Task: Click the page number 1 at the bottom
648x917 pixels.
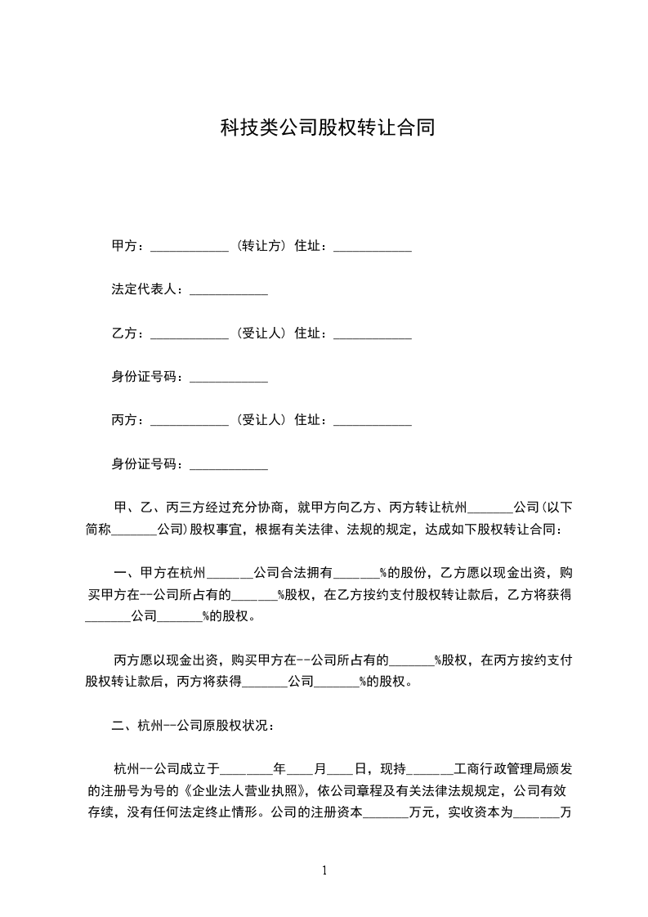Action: pyautogui.click(x=325, y=870)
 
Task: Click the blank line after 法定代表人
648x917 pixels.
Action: pyautogui.click(x=229, y=291)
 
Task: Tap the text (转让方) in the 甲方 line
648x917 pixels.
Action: pyautogui.click(x=261, y=246)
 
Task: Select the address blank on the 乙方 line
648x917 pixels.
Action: pyautogui.click(x=373, y=335)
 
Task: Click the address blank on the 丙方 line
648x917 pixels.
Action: pyautogui.click(x=373, y=422)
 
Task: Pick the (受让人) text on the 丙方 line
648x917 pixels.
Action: pyautogui.click(x=261, y=420)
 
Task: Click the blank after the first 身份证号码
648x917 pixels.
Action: pyautogui.click(x=229, y=378)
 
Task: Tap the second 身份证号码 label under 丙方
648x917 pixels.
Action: pyautogui.click(x=146, y=463)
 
